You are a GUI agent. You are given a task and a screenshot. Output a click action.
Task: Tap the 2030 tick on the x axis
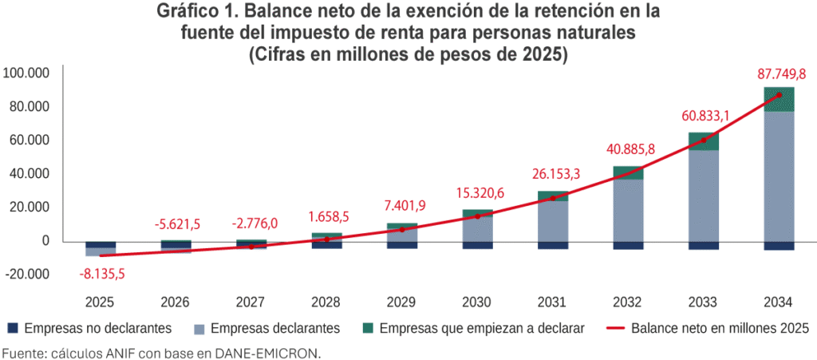point(478,303)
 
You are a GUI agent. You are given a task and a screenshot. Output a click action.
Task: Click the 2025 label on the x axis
point(101,303)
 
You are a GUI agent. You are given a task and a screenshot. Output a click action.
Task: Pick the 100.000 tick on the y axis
point(27,73)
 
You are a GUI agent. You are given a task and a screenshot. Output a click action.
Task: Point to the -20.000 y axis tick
point(27,274)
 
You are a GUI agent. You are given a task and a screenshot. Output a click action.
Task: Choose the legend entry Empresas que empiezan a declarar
point(474,328)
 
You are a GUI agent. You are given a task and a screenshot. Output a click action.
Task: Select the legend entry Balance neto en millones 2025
point(709,328)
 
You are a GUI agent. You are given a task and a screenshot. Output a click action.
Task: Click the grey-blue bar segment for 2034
point(779,176)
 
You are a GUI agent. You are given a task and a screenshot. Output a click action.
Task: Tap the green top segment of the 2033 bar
point(704,141)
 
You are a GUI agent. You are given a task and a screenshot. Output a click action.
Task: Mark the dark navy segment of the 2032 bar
point(628,245)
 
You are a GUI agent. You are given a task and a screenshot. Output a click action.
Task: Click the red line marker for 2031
point(553,198)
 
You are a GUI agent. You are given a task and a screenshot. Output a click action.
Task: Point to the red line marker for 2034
point(779,95)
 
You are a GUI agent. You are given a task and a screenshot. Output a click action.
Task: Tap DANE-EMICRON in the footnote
point(270,352)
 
